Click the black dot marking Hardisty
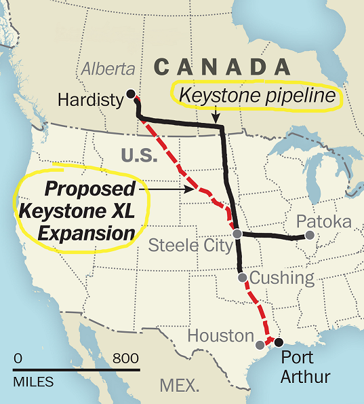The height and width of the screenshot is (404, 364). click(131, 94)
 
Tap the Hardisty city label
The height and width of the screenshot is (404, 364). click(90, 100)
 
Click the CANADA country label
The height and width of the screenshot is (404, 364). click(222, 67)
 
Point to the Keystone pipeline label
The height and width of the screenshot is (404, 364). click(257, 97)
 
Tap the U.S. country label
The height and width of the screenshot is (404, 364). click(138, 155)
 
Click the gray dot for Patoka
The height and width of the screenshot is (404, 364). click(310, 236)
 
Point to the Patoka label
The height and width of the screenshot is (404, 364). click(324, 222)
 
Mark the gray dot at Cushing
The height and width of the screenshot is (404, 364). click(242, 277)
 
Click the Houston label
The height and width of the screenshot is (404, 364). click(220, 335)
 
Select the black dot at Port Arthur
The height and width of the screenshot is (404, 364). click(278, 342)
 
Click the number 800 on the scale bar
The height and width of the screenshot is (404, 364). click(126, 359)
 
